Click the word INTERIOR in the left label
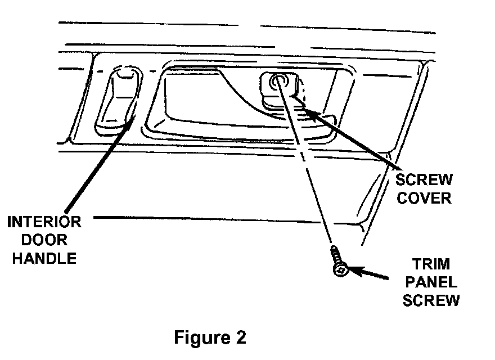click(x=44, y=222)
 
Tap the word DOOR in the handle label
click(x=44, y=240)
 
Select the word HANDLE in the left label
click(x=44, y=259)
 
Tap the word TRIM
click(x=431, y=264)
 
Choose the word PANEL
click(x=431, y=282)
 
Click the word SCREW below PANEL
click(x=431, y=300)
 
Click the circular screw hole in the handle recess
click(x=278, y=82)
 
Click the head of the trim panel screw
click(x=341, y=271)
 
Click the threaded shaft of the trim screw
click(x=336, y=256)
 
